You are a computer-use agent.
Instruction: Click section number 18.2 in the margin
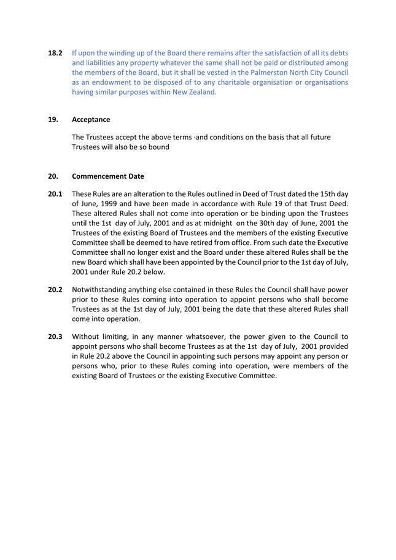[55, 53]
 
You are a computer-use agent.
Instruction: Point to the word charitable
[246, 82]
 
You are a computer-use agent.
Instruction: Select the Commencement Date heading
[108, 176]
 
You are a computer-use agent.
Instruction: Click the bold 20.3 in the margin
[55, 336]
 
